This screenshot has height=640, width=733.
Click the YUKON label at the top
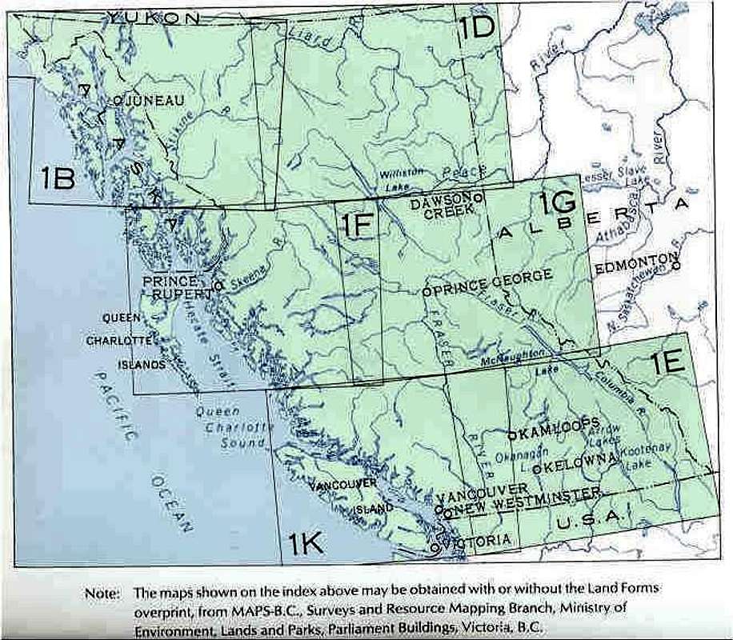tap(156, 17)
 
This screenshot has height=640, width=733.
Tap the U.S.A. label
tap(589, 518)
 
